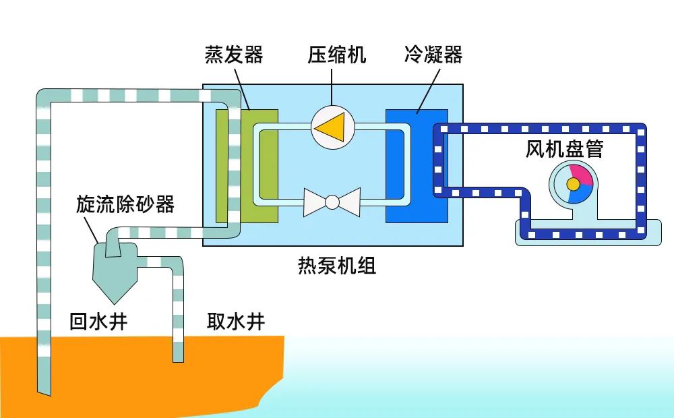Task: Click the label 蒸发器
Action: (233, 55)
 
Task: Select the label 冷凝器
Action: (433, 55)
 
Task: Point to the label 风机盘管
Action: (563, 149)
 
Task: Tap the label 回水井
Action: (98, 322)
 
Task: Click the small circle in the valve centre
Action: (332, 202)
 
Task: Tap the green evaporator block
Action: (267, 165)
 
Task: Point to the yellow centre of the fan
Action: (573, 184)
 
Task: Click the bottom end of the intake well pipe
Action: (178, 357)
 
